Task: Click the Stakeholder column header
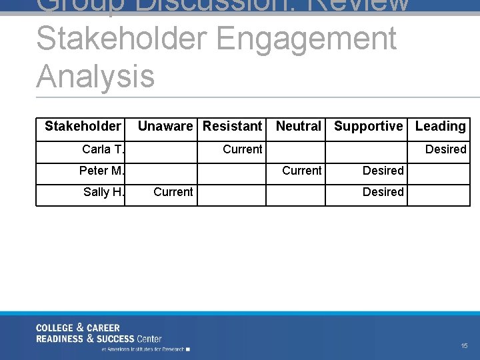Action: (83, 126)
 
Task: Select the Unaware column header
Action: (165, 126)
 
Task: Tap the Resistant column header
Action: (232, 126)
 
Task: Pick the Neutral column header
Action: (298, 126)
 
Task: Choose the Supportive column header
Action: (368, 126)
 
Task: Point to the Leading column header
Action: (440, 126)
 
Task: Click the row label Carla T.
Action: (103, 149)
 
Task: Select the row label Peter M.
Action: (102, 171)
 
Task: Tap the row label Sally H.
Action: (104, 192)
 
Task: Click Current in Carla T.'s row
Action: (242, 149)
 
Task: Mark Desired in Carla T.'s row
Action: (445, 149)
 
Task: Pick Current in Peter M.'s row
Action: (301, 171)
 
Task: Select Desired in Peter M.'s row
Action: (383, 171)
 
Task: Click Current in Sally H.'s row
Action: (173, 192)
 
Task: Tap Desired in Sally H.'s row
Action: (383, 192)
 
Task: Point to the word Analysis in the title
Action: (95, 75)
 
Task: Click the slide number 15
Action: (464, 345)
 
